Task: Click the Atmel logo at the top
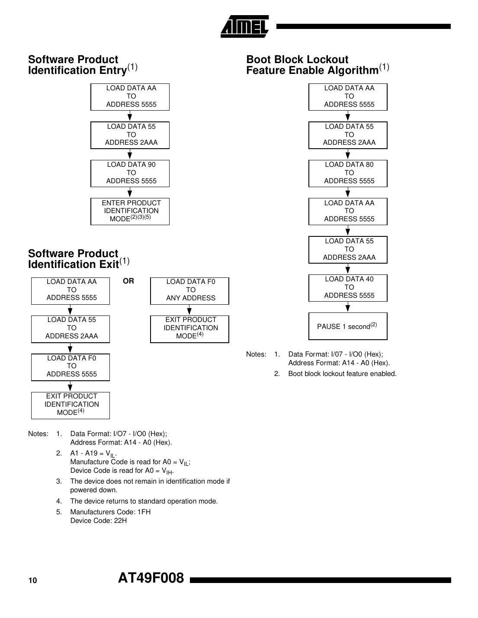point(245,27)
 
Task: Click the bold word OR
point(128,281)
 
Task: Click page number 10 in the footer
point(33,580)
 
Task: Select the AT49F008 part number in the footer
point(151,578)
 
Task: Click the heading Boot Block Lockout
point(297,60)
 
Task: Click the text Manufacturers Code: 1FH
point(110,512)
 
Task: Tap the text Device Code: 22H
point(99,521)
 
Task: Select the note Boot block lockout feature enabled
point(342,374)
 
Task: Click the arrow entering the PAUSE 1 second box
point(348,308)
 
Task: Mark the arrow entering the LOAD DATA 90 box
point(130,155)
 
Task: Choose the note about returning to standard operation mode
point(144,501)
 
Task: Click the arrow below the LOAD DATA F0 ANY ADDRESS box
point(189,310)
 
